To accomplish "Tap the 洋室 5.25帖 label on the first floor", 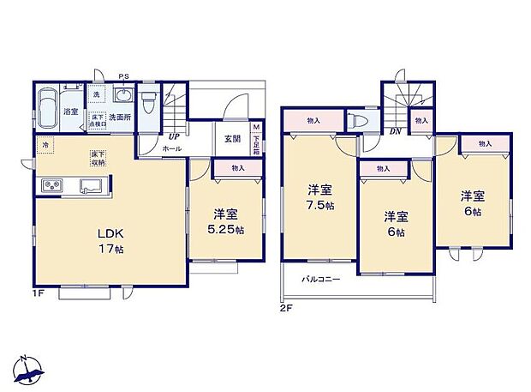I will pos(227,221).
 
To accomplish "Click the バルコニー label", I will pos(321,280).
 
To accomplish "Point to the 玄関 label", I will pos(232,138).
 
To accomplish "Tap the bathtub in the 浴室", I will pos(46,108).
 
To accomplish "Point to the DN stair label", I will pos(396,131).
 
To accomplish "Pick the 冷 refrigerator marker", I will pos(45,146).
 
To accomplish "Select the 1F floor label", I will pos(38,293).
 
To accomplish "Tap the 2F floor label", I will pos(284,306).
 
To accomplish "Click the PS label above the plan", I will pos(124,75).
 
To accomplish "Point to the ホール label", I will pos(172,148).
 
